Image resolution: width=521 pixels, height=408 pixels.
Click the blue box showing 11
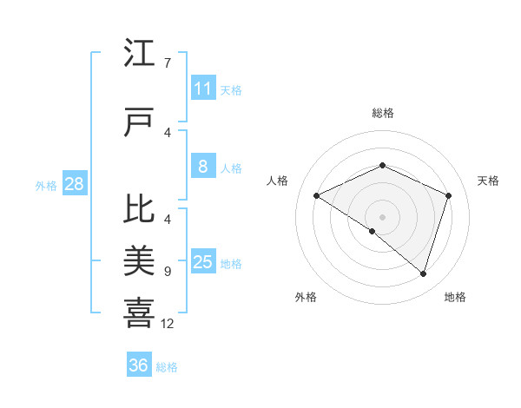click(x=202, y=89)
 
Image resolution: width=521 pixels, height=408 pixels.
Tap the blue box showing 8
click(x=202, y=167)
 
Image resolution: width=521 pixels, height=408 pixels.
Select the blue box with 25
click(x=202, y=262)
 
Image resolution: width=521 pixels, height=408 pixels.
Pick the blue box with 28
click(x=74, y=184)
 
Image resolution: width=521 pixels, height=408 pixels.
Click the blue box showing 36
click(x=138, y=365)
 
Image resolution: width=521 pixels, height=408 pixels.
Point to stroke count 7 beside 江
click(x=167, y=63)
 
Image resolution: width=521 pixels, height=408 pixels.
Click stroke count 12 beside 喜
click(x=168, y=324)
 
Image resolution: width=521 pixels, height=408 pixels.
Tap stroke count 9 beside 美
click(x=167, y=272)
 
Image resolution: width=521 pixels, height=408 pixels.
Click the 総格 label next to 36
click(x=167, y=367)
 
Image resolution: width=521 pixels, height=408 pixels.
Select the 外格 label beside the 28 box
click(x=45, y=185)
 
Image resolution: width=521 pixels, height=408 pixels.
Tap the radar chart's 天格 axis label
click(x=489, y=181)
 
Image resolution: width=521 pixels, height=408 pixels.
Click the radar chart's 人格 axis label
click(x=277, y=181)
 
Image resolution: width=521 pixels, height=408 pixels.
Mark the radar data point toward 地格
click(x=423, y=273)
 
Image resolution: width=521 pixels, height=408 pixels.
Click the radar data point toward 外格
click(x=372, y=231)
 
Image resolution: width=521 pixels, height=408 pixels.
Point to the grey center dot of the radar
click(x=382, y=216)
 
